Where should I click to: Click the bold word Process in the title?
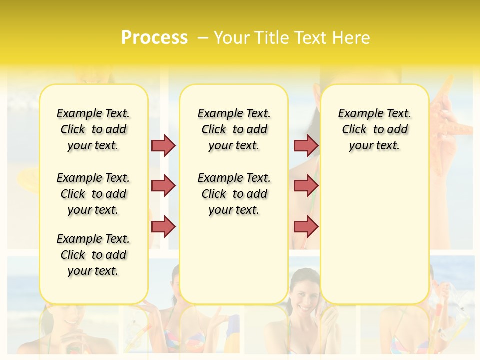(x=154, y=37)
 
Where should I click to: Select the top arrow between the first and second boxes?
(x=163, y=145)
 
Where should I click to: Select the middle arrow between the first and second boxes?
(x=163, y=186)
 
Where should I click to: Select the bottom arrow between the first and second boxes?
(x=163, y=226)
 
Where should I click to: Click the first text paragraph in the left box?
(x=93, y=129)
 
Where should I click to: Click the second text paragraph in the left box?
(x=93, y=194)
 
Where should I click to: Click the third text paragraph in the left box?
(x=93, y=255)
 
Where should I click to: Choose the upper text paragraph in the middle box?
(x=234, y=129)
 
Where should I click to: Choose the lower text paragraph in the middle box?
(x=234, y=194)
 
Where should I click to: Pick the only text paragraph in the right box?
(x=375, y=129)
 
